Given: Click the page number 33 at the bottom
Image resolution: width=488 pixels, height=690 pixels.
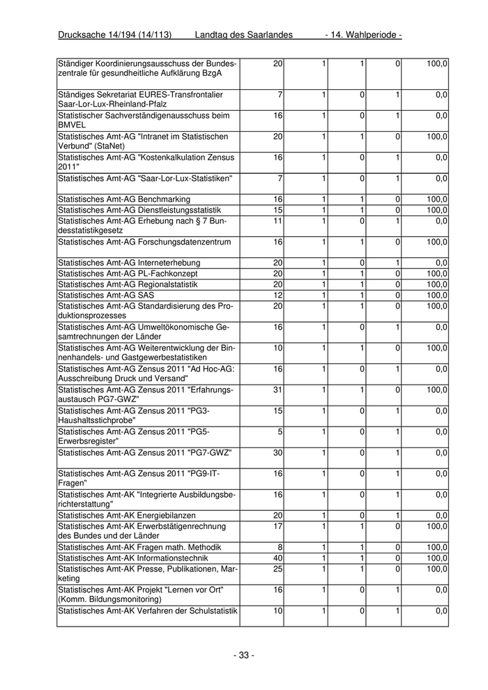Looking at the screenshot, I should pyautogui.click(x=244, y=655).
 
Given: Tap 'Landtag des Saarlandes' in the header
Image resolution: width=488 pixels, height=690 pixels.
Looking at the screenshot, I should pyautogui.click(x=243, y=36).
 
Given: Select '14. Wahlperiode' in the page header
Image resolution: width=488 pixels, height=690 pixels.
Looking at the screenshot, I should pyautogui.click(x=363, y=36).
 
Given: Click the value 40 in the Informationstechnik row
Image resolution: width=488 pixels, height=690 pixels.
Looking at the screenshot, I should pyautogui.click(x=277, y=558).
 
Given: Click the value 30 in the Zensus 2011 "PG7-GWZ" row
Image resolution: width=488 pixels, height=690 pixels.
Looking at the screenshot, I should pyautogui.click(x=277, y=453).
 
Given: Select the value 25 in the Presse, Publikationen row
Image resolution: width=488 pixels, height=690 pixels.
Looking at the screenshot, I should pyautogui.click(x=277, y=569).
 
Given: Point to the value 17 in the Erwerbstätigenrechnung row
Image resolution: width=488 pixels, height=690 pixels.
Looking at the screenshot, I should pyautogui.click(x=277, y=526).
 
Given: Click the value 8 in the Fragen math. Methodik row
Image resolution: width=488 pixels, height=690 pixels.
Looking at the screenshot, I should pyautogui.click(x=280, y=548).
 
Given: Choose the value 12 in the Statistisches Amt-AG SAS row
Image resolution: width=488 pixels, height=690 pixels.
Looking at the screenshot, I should pyautogui.click(x=277, y=295).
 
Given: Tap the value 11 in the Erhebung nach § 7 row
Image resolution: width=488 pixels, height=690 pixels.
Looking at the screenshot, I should pyautogui.click(x=277, y=221).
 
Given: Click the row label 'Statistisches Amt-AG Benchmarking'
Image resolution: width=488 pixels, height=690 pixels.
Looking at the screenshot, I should pyautogui.click(x=119, y=199).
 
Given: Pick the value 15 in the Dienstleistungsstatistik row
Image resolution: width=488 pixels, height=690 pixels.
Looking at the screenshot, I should pyautogui.click(x=277, y=210).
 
